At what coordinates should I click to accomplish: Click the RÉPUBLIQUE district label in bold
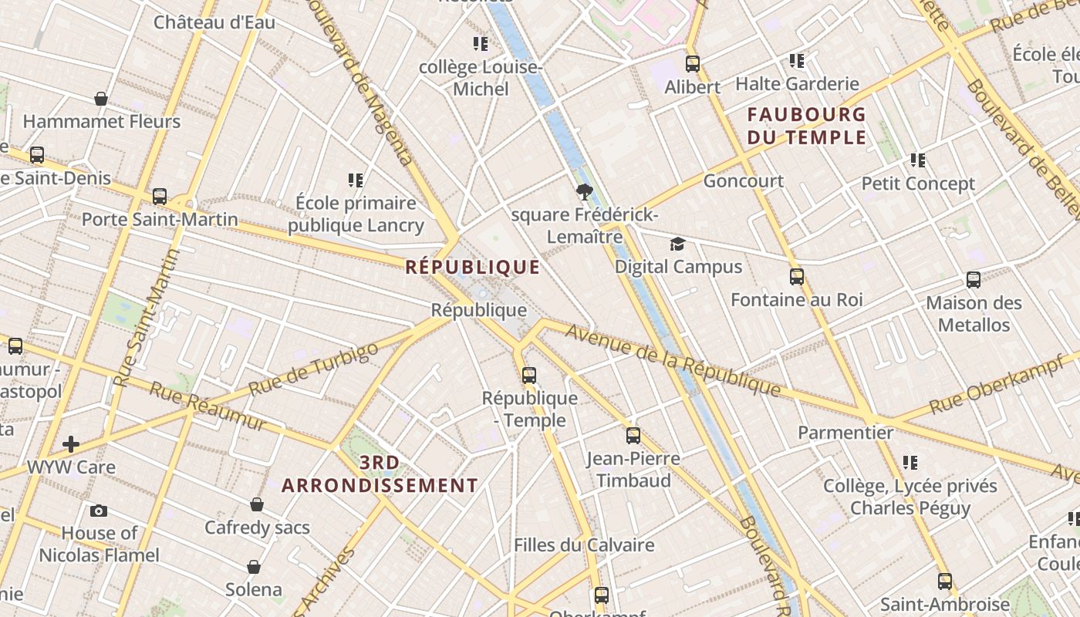point(473,268)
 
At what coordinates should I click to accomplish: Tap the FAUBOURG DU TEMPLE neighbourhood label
point(806,126)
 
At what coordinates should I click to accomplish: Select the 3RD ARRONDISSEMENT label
point(380,474)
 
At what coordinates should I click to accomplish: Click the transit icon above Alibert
point(693,64)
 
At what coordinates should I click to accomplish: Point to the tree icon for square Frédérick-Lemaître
point(584,192)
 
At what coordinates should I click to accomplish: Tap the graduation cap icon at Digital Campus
point(677,244)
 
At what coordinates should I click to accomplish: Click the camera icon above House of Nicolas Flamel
point(99,511)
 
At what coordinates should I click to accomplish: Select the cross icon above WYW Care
point(71,444)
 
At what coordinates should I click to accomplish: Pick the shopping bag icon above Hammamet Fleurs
point(101,99)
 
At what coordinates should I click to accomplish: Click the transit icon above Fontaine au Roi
point(797,277)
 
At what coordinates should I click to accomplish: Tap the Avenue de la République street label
point(673,360)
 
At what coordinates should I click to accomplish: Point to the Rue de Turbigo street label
point(313,369)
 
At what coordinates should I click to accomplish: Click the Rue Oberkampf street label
point(997,385)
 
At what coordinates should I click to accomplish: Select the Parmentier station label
point(845,433)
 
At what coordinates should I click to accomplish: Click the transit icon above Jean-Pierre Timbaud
point(633,436)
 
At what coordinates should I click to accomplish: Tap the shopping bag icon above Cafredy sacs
point(257,504)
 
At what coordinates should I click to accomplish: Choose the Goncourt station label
point(743,181)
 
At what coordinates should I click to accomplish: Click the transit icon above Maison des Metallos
point(974,280)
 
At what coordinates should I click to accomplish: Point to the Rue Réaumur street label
point(208,406)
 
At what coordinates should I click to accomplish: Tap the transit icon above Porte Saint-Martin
point(160,197)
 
